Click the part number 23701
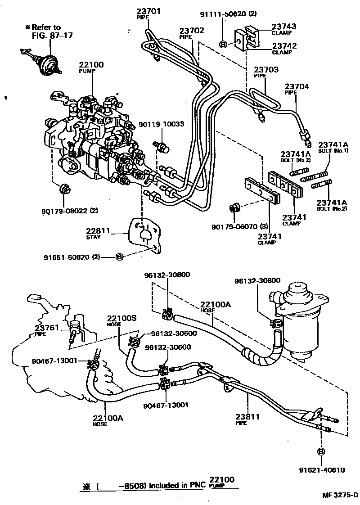click(x=148, y=11)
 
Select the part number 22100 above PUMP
click(x=91, y=65)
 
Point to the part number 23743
click(x=283, y=27)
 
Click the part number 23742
click(x=283, y=46)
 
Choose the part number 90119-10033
click(x=161, y=124)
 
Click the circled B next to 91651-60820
click(x=119, y=257)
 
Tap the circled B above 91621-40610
click(x=321, y=452)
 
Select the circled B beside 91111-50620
click(x=223, y=44)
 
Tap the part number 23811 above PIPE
click(x=247, y=417)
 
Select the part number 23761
click(x=47, y=328)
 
